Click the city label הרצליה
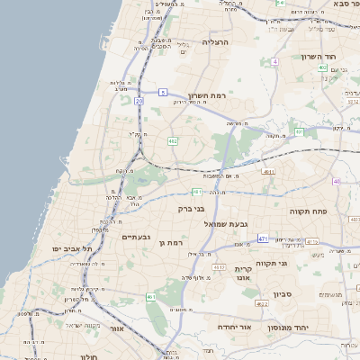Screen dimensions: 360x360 [216, 42]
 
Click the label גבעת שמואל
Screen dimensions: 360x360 [226, 223]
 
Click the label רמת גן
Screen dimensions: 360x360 [170, 242]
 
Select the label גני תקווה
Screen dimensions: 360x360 [271, 263]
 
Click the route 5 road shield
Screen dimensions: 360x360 [163, 92]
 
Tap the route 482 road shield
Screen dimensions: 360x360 [172, 140]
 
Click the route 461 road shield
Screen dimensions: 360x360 [151, 297]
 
